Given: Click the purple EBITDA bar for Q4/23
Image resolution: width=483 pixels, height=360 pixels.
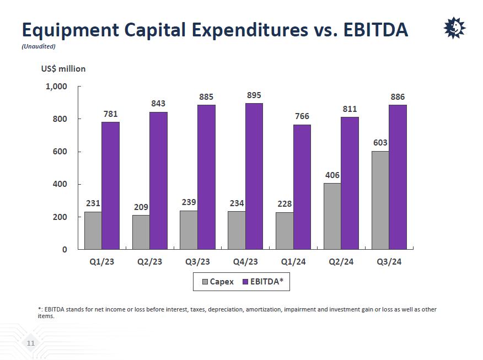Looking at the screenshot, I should click(254, 176).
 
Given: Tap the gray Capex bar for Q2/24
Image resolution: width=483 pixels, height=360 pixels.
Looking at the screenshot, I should click(332, 216).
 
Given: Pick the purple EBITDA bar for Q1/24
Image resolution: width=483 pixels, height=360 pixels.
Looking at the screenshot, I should click(302, 187).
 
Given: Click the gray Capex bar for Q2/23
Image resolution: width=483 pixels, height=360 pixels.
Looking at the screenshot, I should click(141, 232).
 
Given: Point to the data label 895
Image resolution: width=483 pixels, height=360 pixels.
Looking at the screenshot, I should click(254, 95).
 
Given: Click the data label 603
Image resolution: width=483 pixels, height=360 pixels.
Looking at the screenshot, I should click(380, 143).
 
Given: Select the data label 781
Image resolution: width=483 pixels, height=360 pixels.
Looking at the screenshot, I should click(111, 114).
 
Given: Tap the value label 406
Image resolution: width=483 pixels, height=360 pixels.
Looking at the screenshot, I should click(332, 175).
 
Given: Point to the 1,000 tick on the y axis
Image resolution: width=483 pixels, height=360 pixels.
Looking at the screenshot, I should click(56, 87).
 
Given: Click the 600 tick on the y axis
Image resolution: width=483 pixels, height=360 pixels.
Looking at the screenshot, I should click(59, 152).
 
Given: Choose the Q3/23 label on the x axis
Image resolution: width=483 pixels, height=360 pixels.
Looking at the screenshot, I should click(197, 261).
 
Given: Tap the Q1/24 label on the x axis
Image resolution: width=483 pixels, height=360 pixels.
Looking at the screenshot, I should click(293, 261).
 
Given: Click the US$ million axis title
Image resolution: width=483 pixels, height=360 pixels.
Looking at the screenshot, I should click(63, 69).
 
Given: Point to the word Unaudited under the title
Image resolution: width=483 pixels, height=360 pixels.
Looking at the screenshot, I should click(39, 46).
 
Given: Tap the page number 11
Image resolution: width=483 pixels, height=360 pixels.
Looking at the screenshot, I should click(31, 343).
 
